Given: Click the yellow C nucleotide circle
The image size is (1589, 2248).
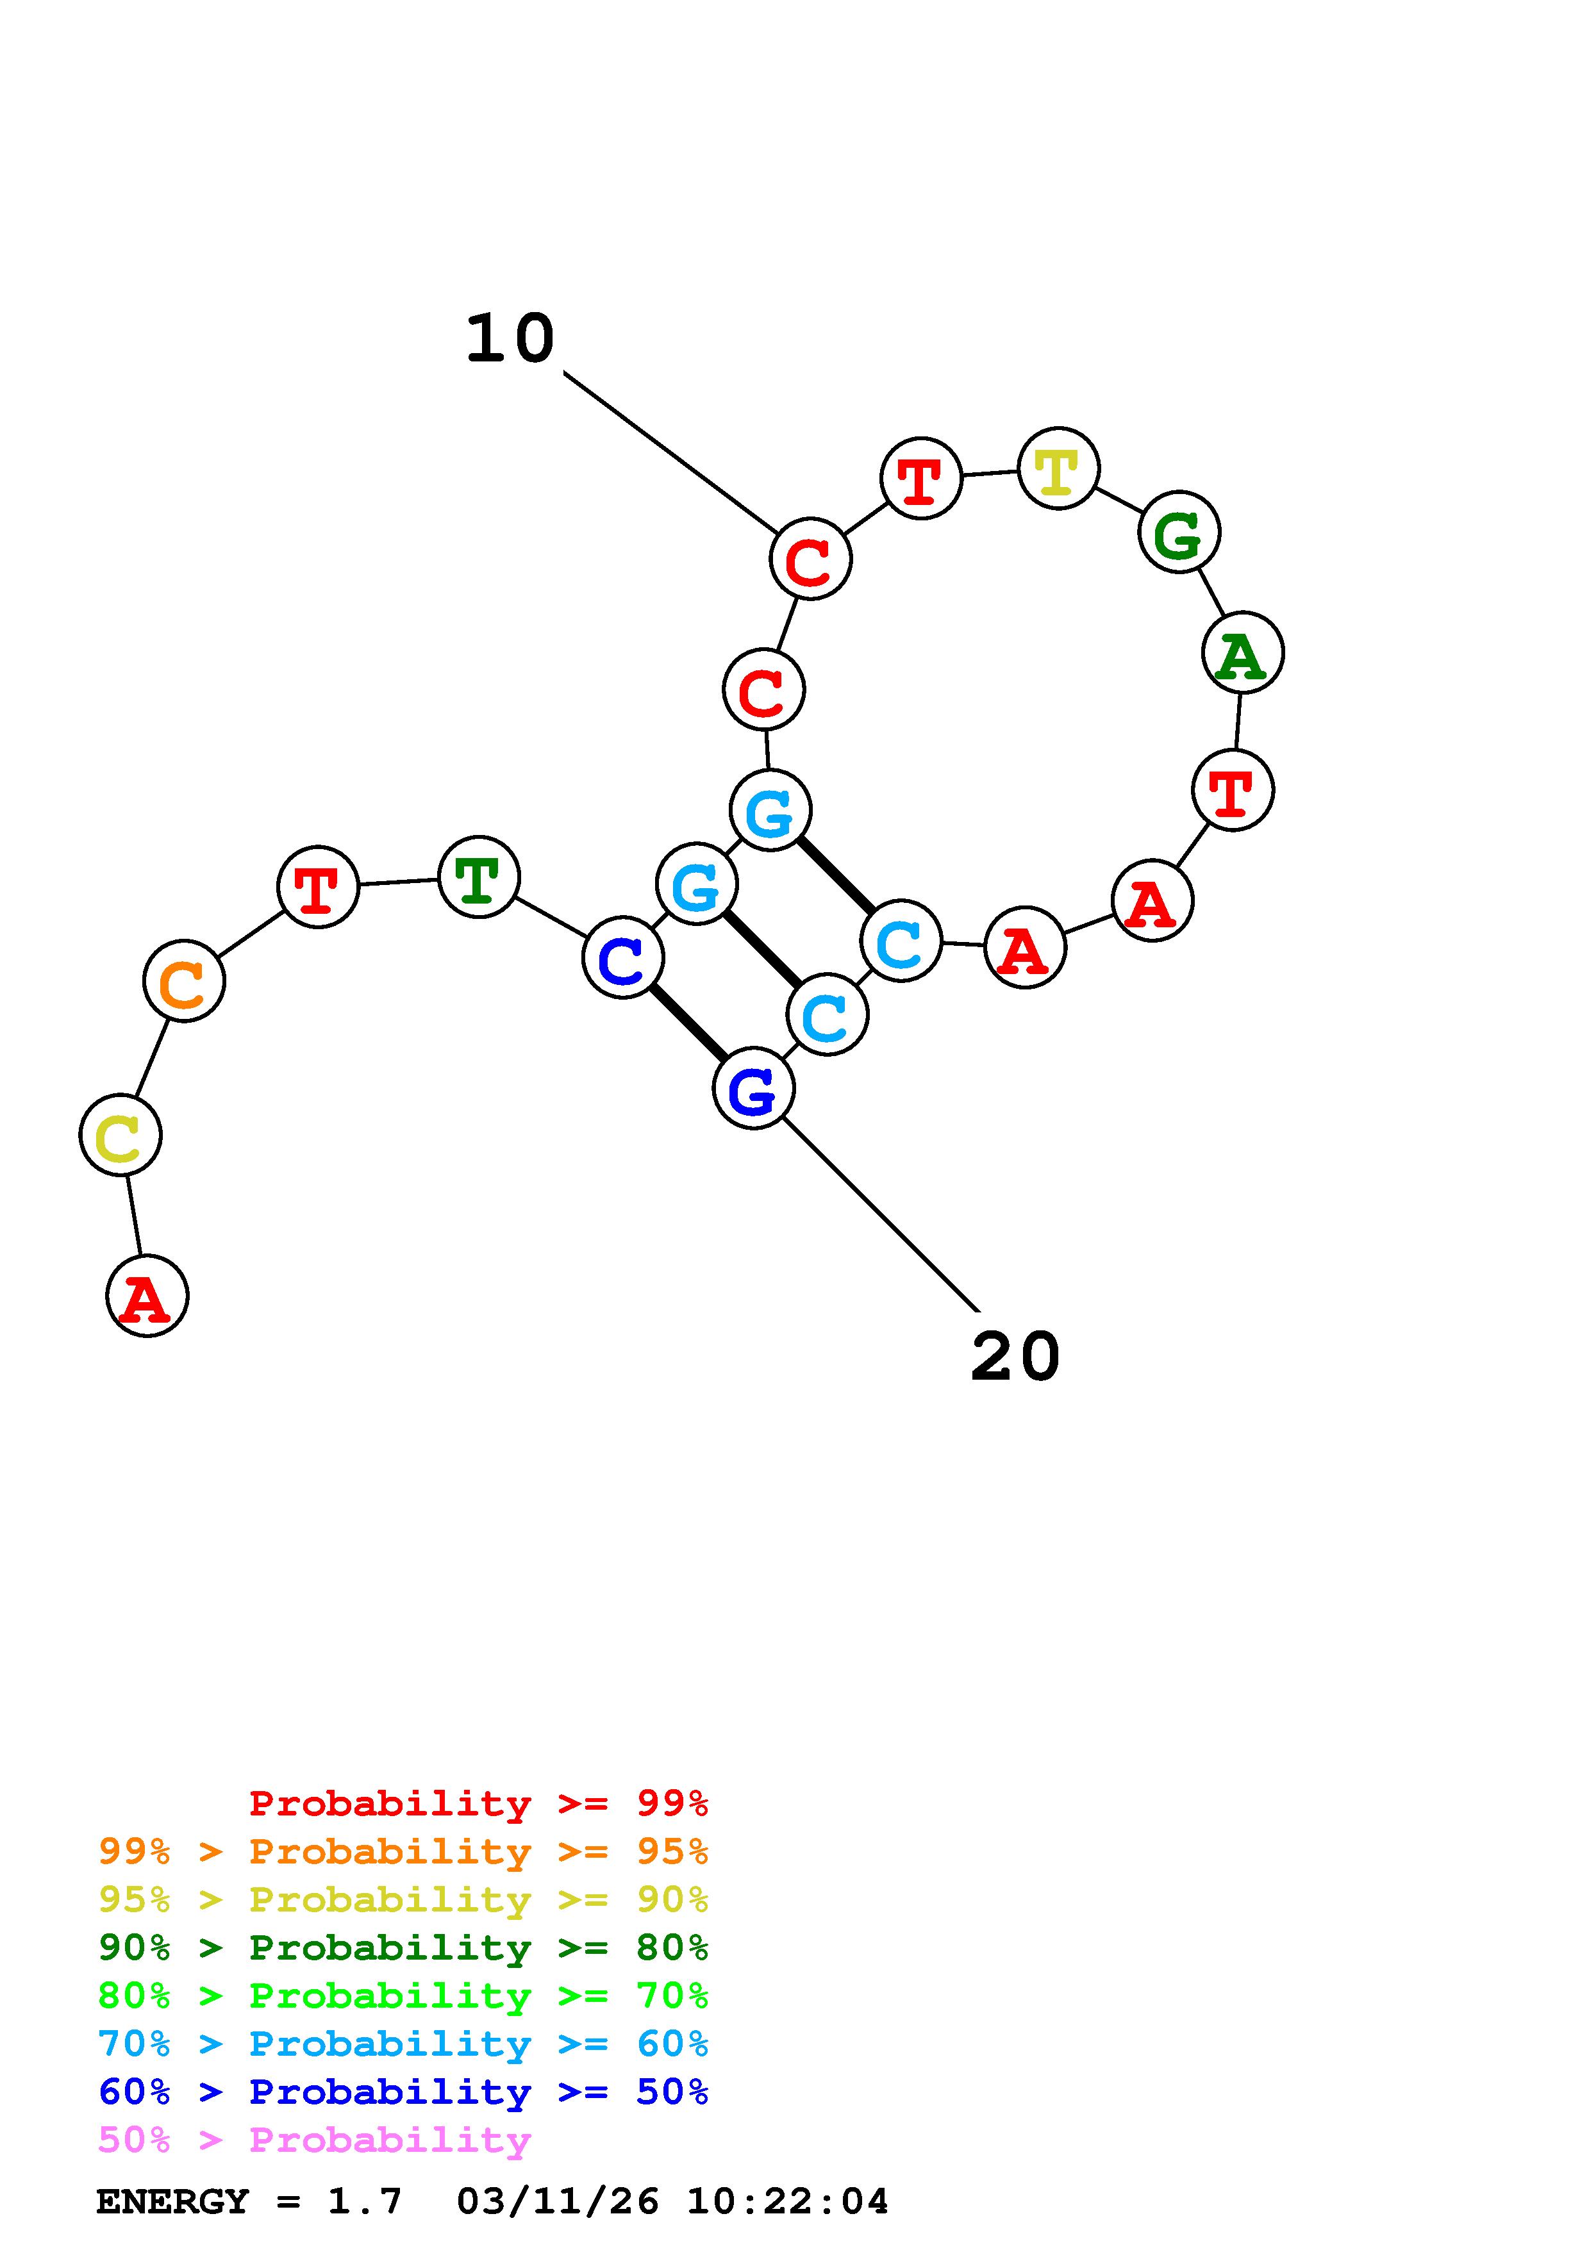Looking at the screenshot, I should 121,1135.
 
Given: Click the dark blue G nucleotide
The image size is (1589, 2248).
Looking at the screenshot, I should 753,1089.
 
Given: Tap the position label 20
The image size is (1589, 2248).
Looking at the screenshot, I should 1015,1357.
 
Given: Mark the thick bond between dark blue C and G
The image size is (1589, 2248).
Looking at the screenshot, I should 688,1023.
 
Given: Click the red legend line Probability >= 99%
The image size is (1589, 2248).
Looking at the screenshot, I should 479,1803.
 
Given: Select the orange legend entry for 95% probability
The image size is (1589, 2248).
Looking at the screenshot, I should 403,1851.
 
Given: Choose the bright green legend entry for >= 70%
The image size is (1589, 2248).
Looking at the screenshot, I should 403,1996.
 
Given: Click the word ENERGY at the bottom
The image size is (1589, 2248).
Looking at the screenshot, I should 172,2201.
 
